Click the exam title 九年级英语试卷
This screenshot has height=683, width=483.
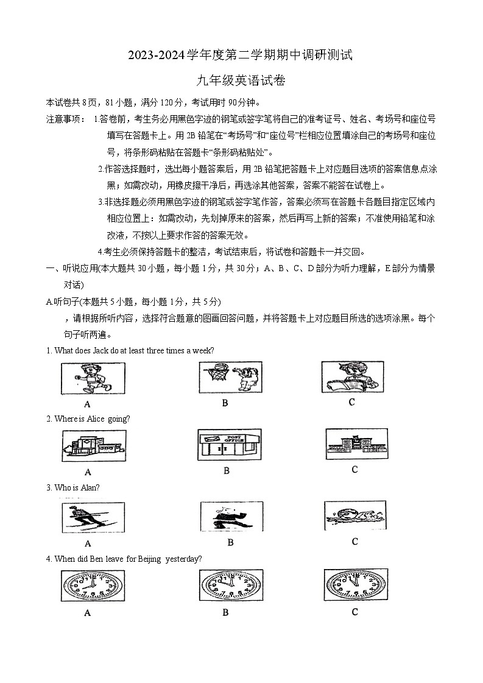click(x=241, y=79)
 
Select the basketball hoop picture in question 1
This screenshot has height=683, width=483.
click(x=230, y=378)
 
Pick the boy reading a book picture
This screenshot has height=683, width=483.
click(x=352, y=377)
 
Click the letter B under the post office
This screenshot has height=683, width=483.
click(x=227, y=470)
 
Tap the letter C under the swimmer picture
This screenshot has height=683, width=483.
click(x=354, y=541)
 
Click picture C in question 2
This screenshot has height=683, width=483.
click(x=356, y=444)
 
